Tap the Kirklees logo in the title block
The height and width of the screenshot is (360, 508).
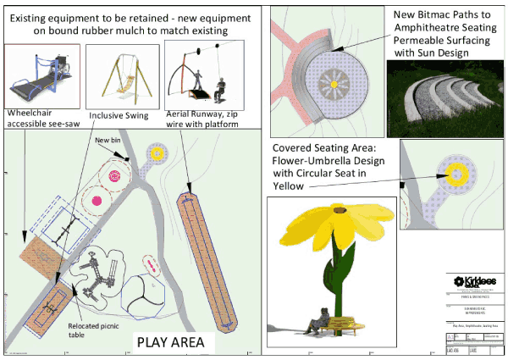pyautogui.click(x=473, y=281)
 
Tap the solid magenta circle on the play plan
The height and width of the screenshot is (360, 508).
pyautogui.click(x=98, y=200)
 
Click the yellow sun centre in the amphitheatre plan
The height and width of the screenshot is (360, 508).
pyautogui.click(x=334, y=83)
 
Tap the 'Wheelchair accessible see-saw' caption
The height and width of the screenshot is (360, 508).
pyautogui.click(x=39, y=119)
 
